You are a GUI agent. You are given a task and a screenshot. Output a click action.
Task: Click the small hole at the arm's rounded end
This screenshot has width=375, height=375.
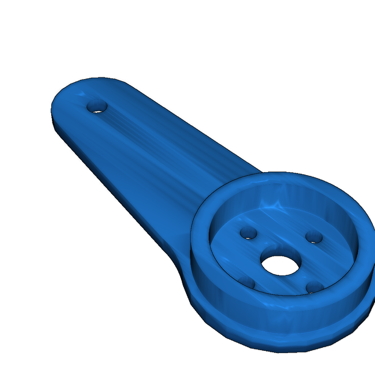pos(97,107)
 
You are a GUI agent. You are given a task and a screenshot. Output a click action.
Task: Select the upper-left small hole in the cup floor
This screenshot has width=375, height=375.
pos(248,233)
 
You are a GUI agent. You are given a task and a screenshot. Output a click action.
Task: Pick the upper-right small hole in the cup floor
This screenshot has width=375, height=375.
pos(314,237)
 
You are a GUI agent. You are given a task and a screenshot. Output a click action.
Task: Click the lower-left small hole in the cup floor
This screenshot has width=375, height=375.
pos(247,282)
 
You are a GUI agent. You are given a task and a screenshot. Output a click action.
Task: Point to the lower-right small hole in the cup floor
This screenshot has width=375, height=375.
pos(314,286)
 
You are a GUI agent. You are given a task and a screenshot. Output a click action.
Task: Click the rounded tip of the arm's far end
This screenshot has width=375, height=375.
pos(55,103)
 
